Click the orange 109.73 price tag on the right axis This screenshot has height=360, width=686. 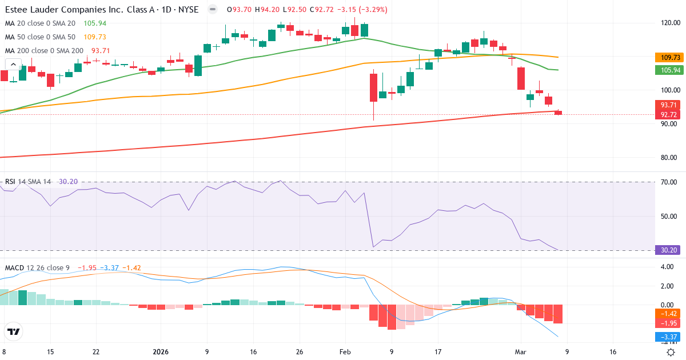click(x=668, y=58)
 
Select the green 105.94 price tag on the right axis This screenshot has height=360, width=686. click(x=668, y=70)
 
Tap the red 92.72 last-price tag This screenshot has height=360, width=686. click(x=668, y=115)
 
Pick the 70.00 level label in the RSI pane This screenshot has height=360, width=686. click(x=668, y=182)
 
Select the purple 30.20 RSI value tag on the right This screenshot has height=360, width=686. click(x=668, y=250)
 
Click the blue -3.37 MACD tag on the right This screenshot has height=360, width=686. click(x=668, y=337)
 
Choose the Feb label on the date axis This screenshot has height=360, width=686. click(x=344, y=352)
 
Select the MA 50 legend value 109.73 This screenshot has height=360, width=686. click(x=95, y=37)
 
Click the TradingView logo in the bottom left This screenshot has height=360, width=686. click(x=14, y=331)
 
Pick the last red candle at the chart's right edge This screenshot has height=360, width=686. click(x=558, y=113)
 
